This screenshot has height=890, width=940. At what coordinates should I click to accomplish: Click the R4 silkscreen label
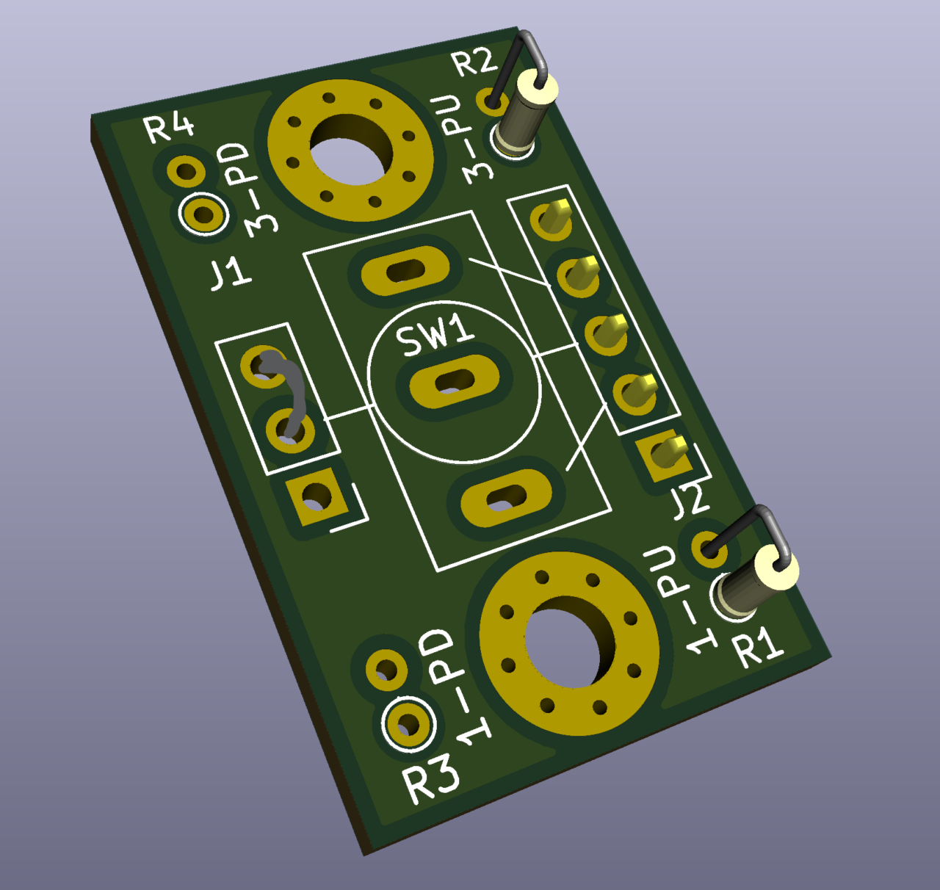click(170, 128)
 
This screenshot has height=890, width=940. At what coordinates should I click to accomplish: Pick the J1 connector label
click(231, 273)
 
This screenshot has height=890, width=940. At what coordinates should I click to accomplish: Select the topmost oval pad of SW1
click(405, 270)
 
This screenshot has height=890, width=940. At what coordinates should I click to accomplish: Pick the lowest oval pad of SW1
click(506, 499)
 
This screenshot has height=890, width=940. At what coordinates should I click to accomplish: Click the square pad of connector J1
click(317, 496)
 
